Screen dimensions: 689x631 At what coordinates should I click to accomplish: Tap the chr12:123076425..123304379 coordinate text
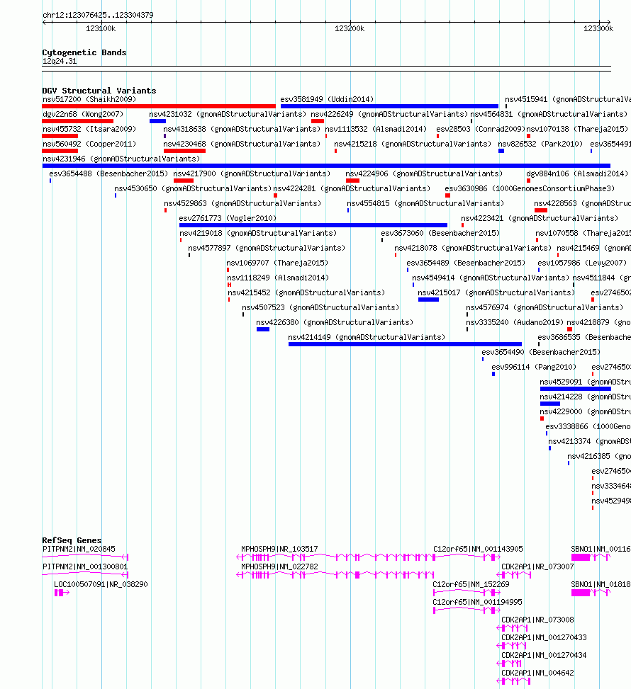pyautogui.click(x=98, y=15)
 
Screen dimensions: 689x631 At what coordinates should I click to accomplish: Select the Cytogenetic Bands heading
pyautogui.click(x=84, y=52)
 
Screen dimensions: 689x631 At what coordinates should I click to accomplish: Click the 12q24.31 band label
pyautogui.click(x=60, y=62)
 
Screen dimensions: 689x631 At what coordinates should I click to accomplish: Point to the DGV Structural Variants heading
pyautogui.click(x=99, y=91)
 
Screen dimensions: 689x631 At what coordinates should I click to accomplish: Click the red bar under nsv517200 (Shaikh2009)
pyautogui.click(x=158, y=106)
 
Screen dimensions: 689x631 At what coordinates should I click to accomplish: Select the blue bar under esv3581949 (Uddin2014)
pyautogui.click(x=389, y=106)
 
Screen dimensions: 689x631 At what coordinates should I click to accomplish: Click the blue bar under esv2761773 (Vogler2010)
pyautogui.click(x=313, y=225)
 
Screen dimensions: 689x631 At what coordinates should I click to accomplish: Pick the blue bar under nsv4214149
pyautogui.click(x=395, y=344)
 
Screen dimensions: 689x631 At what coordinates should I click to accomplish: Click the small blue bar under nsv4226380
pyautogui.click(x=263, y=329)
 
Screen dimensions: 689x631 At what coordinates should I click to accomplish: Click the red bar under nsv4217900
pyautogui.click(x=184, y=181)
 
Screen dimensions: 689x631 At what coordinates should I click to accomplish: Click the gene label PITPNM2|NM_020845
pyautogui.click(x=78, y=549)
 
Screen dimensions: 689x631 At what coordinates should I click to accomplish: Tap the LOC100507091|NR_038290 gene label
pyautogui.click(x=101, y=584)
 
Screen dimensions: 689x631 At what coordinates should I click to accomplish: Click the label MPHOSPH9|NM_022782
pyautogui.click(x=279, y=566)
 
